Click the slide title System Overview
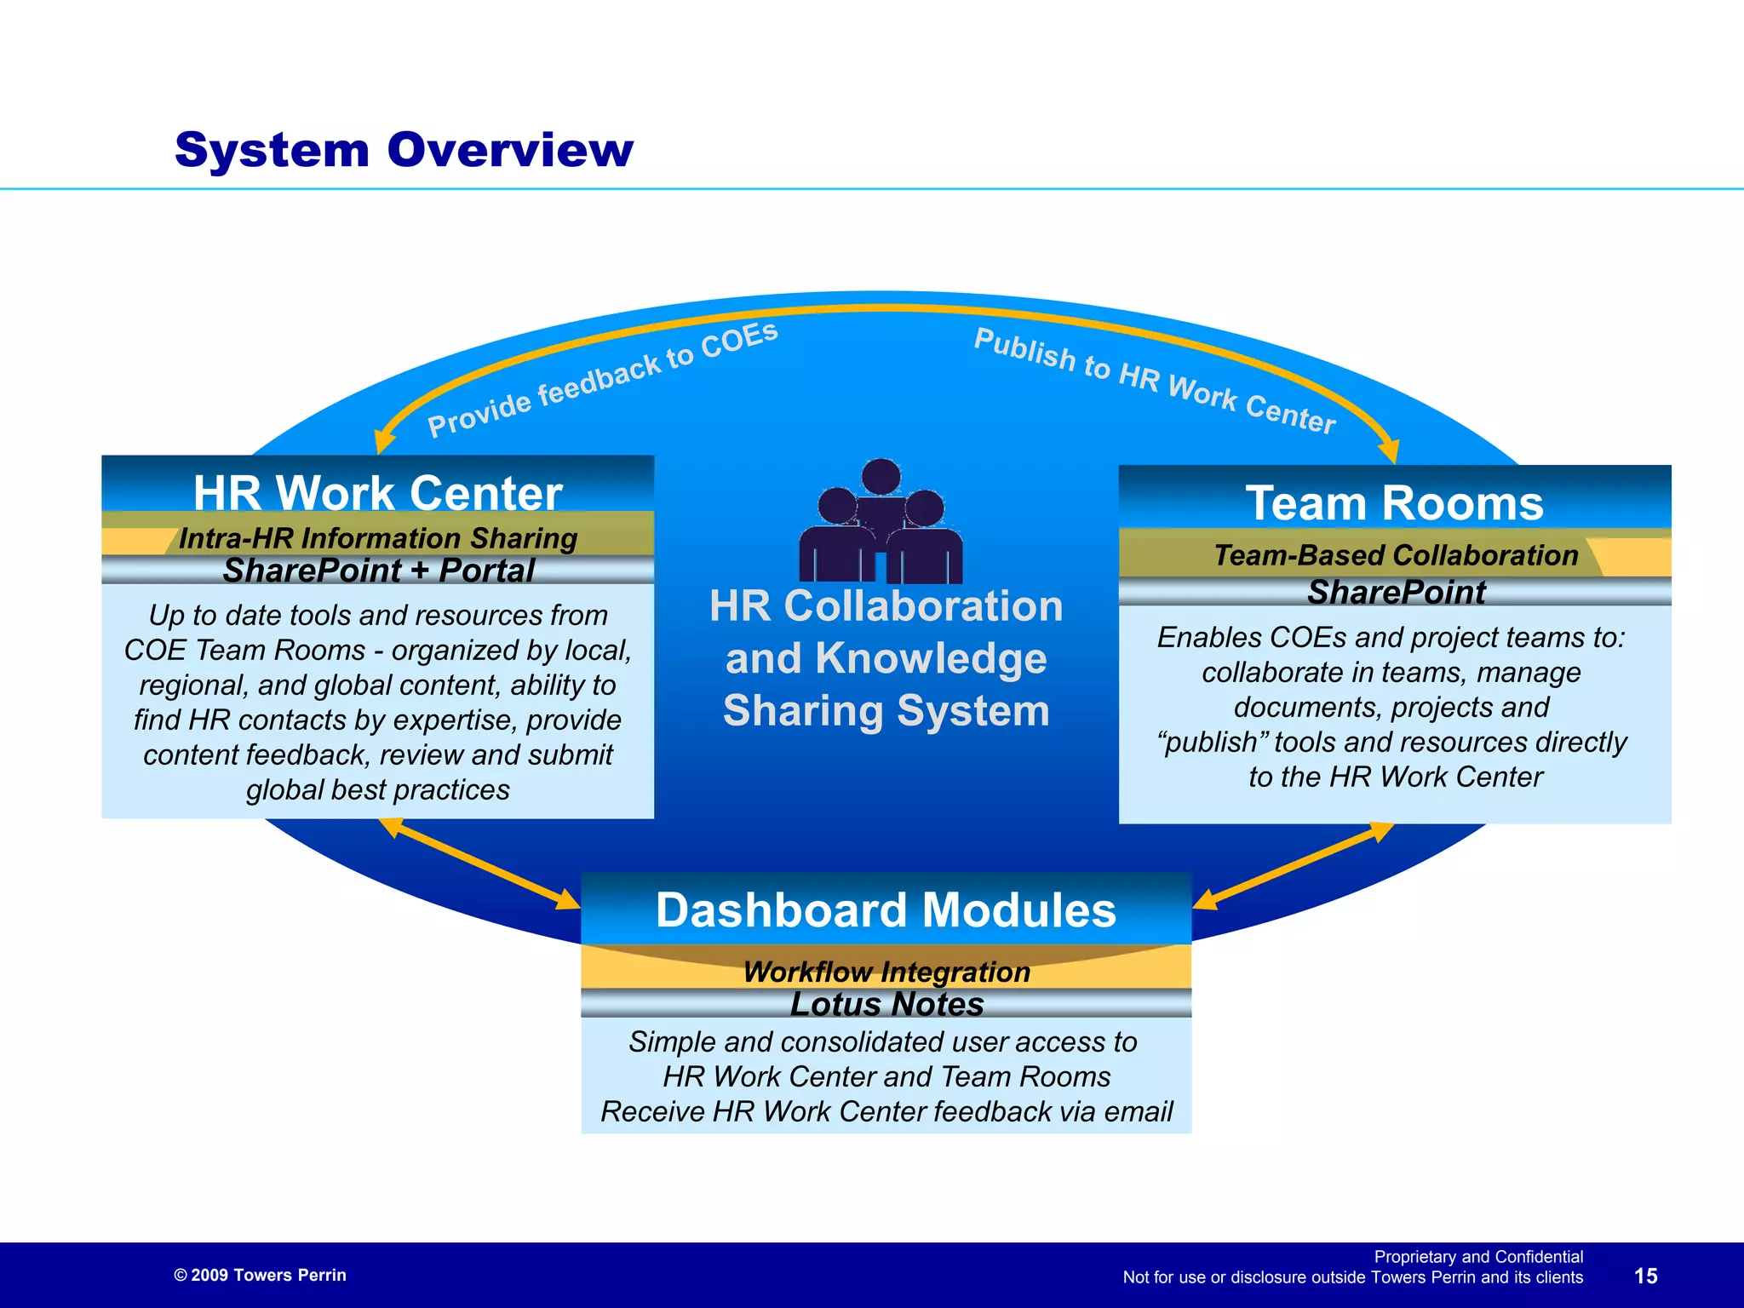pos(404,150)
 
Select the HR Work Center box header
pos(377,493)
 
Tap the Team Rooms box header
pos(1394,503)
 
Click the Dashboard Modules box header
pos(886,910)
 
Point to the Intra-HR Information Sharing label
pos(378,538)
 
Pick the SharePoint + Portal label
pos(378,571)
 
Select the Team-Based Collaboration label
pos(1396,555)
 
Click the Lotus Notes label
pos(886,1004)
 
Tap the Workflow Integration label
pos(886,972)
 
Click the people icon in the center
pos(881,524)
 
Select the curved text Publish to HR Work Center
pos(1155,380)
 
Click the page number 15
pos(1645,1276)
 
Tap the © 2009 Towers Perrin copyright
pos(260,1275)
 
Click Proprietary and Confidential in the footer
pos(1478,1257)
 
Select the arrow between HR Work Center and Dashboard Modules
pos(480,863)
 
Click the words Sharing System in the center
pos(886,711)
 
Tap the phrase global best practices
pos(378,790)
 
